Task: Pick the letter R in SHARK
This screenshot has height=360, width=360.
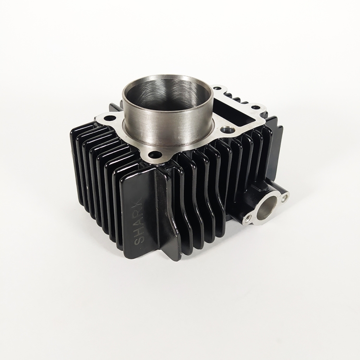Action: (x=140, y=211)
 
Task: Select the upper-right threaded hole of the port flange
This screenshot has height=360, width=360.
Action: (x=285, y=197)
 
